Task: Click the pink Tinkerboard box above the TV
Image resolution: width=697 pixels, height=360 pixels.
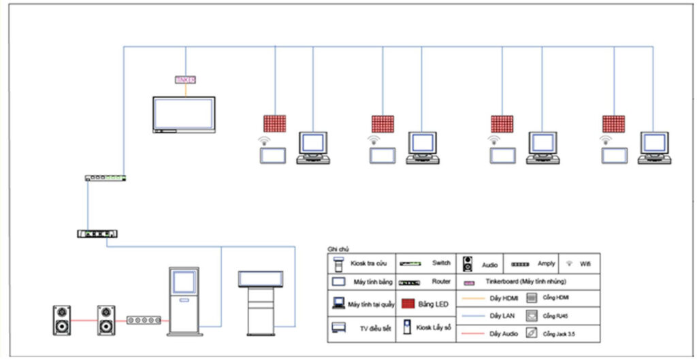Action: click(x=185, y=80)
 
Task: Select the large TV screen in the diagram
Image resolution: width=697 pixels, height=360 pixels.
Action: click(x=183, y=114)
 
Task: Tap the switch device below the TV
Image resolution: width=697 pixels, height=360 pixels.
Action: click(x=106, y=178)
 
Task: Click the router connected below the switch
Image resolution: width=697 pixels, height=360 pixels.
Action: click(x=97, y=233)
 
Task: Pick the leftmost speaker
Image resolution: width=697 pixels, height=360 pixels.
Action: click(x=62, y=320)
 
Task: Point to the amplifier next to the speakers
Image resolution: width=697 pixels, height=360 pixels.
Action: click(x=144, y=320)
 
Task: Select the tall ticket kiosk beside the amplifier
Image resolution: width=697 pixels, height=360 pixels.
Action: click(x=183, y=300)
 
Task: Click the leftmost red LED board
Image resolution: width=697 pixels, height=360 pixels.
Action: click(x=274, y=124)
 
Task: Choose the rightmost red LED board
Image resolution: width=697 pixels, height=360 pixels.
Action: click(x=613, y=124)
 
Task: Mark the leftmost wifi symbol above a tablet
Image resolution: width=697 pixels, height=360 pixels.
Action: click(x=263, y=141)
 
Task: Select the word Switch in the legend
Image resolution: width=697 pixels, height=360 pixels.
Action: click(x=441, y=263)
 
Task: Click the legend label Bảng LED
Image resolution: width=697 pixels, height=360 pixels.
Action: click(x=432, y=304)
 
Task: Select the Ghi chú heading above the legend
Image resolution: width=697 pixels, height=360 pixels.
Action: click(x=338, y=250)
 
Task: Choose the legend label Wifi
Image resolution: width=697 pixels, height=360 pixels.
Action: click(x=585, y=263)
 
